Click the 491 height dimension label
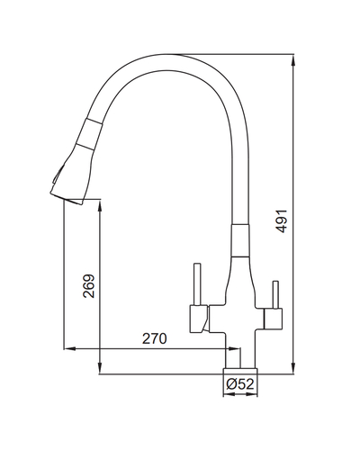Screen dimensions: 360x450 [282, 221]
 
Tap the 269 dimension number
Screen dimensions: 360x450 [89, 285]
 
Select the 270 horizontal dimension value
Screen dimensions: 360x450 [154, 338]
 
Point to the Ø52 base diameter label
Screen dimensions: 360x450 [240, 383]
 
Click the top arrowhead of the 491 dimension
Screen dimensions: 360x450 [293, 61]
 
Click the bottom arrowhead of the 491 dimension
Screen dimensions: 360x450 [293, 367]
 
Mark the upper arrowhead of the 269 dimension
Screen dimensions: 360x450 [100, 206]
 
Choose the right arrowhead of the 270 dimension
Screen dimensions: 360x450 [234, 348]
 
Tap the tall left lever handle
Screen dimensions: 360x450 [197, 284]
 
